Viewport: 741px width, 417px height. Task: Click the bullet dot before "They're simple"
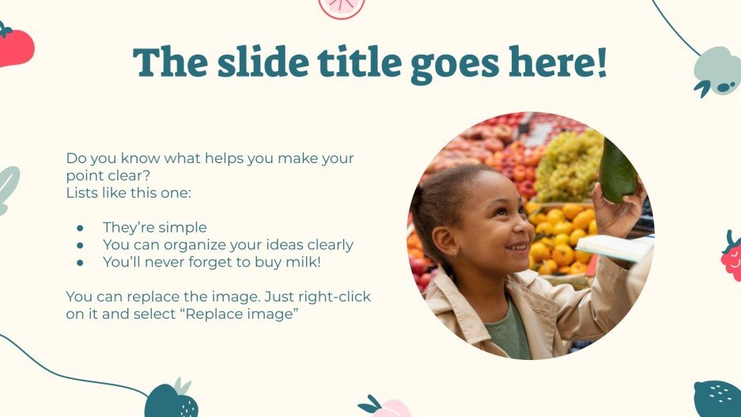click(80, 228)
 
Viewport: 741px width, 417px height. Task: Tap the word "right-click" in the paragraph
click(335, 298)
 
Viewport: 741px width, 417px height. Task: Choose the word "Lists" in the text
click(85, 193)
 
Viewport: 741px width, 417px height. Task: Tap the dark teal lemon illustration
click(717, 398)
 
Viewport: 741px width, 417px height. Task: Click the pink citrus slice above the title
click(342, 7)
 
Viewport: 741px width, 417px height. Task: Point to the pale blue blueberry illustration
click(716, 70)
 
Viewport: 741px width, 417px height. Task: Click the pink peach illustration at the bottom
click(389, 408)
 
